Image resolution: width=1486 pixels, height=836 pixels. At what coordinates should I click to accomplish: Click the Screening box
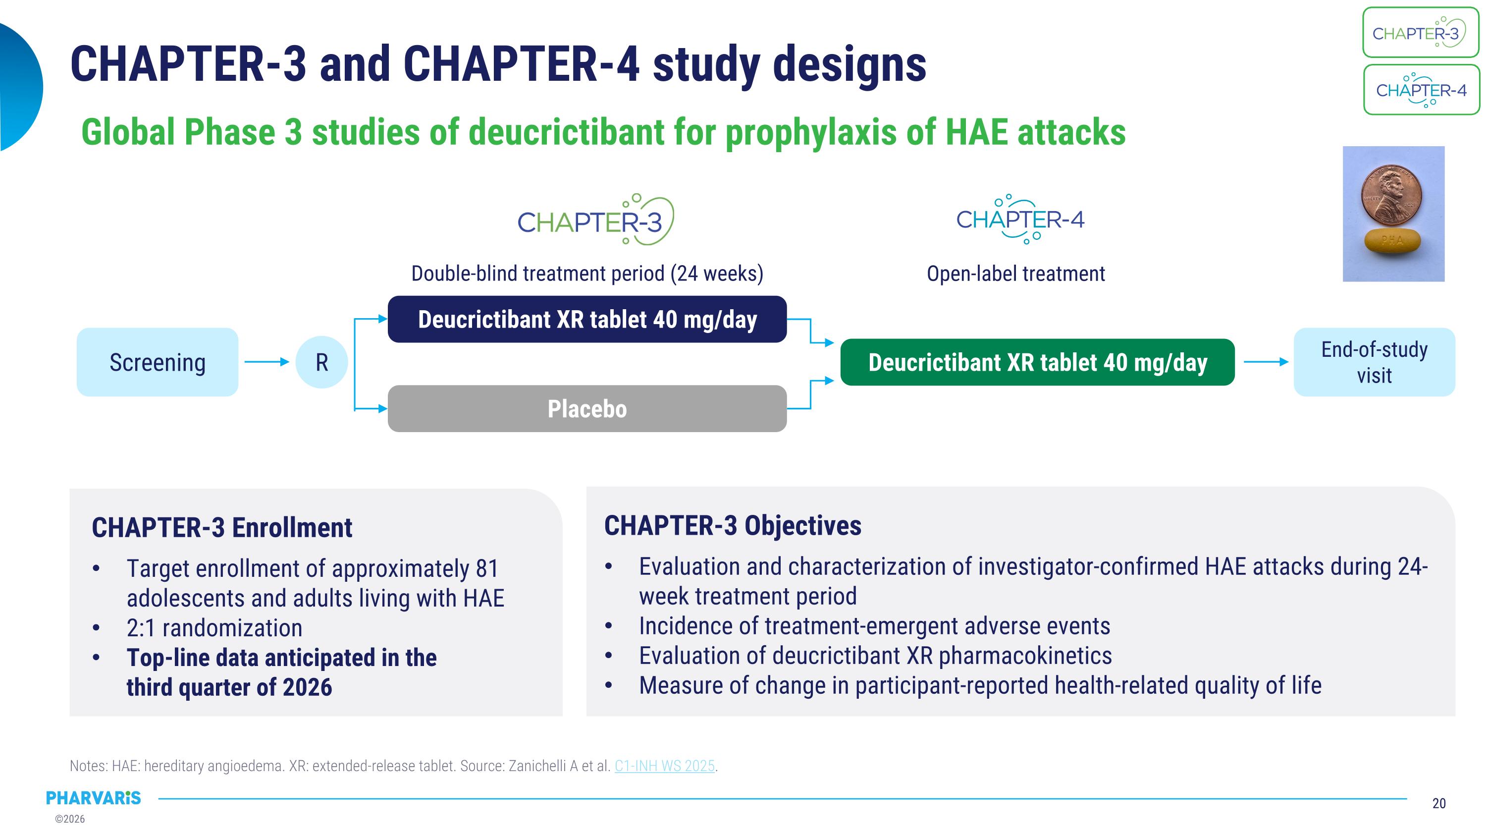click(x=157, y=362)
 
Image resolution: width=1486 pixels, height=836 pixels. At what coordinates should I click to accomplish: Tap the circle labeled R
click(x=321, y=362)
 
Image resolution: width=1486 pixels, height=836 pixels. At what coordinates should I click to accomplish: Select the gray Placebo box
click(x=586, y=409)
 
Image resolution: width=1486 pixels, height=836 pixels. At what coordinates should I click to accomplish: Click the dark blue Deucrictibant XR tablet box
click(x=586, y=320)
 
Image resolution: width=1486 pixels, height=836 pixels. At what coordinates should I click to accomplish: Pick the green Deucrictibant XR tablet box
click(x=1037, y=362)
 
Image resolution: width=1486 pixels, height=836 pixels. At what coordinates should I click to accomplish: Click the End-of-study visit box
click(x=1374, y=362)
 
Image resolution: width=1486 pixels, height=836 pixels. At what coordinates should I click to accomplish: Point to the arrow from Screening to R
click(x=266, y=362)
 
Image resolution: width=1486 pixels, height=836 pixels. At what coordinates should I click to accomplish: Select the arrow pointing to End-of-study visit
click(x=1265, y=362)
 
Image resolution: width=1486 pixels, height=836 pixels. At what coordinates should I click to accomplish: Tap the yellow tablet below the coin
click(x=1392, y=240)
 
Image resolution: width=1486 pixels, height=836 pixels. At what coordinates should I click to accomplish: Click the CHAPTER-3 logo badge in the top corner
click(x=1420, y=33)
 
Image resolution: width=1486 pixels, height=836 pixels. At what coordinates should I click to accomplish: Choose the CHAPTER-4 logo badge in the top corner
click(x=1421, y=90)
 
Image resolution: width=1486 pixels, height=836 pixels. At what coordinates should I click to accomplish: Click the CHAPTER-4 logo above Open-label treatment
click(x=1020, y=219)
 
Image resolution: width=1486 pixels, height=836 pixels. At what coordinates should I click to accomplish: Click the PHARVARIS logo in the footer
click(x=94, y=798)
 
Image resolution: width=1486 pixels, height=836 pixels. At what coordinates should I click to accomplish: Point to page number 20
click(x=1439, y=803)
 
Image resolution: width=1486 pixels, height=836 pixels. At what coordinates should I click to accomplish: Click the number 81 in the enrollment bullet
click(x=486, y=569)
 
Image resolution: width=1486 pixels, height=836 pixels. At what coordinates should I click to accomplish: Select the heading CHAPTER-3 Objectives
click(x=732, y=526)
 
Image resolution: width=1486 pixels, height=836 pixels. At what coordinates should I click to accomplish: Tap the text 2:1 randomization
click(x=214, y=628)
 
